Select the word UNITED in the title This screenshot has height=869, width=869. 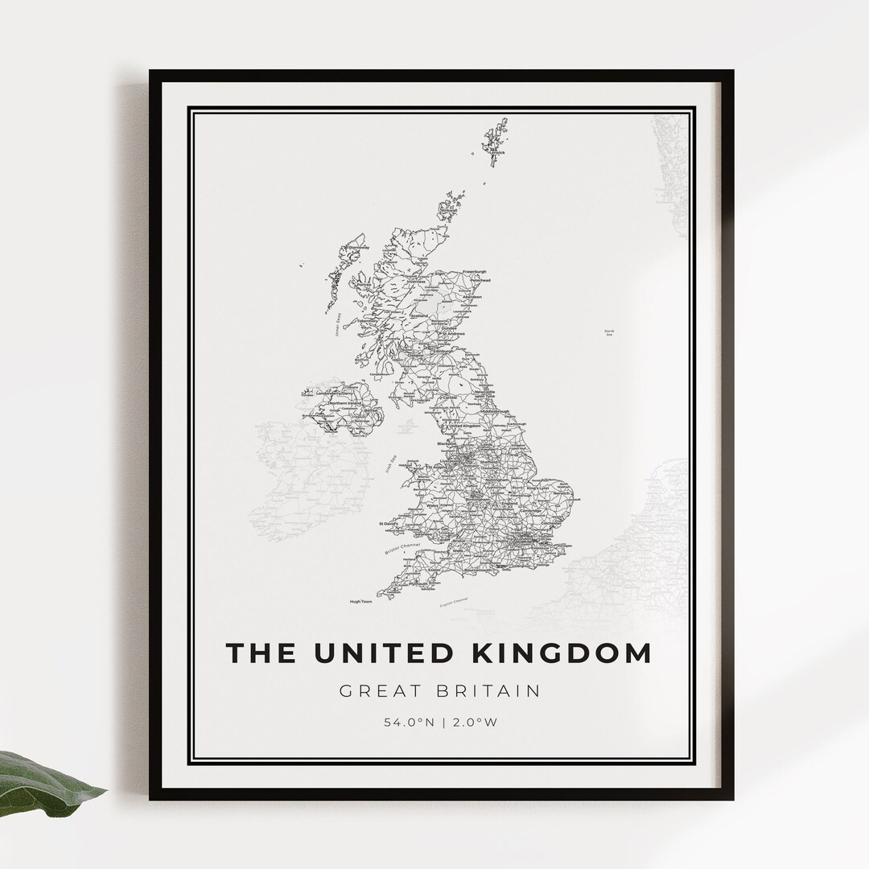coord(385,653)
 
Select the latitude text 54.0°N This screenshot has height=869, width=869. coord(408,722)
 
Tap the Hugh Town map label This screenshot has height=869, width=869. coord(360,601)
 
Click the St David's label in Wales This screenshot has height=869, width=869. coord(389,524)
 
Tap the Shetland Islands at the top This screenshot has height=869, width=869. coord(494,145)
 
